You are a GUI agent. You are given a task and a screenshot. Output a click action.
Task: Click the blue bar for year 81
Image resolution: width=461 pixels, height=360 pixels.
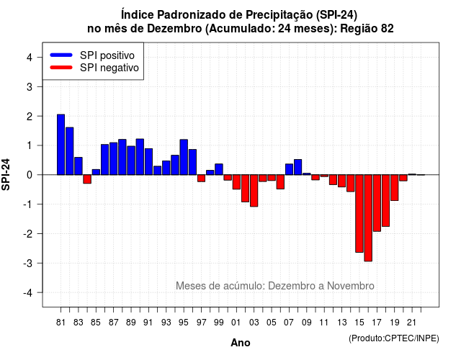pos(61,145)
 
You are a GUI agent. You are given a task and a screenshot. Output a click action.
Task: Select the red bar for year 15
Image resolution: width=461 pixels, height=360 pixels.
pos(359,213)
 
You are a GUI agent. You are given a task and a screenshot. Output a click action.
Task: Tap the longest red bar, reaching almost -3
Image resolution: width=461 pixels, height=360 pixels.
pos(368,217)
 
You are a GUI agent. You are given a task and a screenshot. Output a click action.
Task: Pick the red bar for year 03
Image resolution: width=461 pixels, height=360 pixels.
pos(254,191)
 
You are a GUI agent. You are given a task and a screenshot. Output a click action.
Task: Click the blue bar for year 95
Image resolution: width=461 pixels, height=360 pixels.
pos(184,157)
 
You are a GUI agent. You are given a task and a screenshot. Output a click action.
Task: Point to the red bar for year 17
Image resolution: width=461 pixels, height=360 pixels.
pos(377,203)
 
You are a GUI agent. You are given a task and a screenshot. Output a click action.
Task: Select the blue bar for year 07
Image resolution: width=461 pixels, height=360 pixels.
pos(289,169)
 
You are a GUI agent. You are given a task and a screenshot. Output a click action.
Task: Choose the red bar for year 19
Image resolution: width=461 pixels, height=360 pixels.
pos(395,188)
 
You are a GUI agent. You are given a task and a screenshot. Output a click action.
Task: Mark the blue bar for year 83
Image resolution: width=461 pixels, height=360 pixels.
pos(79,166)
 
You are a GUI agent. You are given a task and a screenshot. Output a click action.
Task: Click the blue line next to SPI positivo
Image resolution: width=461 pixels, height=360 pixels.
pos(61,55)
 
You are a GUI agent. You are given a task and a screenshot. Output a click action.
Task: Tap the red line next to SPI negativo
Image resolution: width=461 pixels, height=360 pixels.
pos(61,68)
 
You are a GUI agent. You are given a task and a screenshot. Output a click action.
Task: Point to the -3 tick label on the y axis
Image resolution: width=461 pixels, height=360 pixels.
pos(28,263)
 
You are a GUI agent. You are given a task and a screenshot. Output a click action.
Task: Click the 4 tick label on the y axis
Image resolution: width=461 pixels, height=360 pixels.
pos(30,57)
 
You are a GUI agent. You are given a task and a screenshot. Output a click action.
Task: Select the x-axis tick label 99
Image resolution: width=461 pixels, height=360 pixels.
pos(219,323)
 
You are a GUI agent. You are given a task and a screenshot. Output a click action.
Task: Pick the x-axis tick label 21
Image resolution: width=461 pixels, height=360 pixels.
pos(411,323)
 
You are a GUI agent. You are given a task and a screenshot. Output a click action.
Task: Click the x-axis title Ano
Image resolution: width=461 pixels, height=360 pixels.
pos(241,343)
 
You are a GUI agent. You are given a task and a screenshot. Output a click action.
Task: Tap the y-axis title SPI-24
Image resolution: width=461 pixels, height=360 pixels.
pos(6,174)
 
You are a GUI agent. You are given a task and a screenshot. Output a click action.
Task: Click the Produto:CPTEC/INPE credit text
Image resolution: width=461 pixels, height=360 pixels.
pos(394,338)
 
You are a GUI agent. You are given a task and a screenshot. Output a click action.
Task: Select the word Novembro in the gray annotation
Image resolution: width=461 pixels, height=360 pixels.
pos(351,286)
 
